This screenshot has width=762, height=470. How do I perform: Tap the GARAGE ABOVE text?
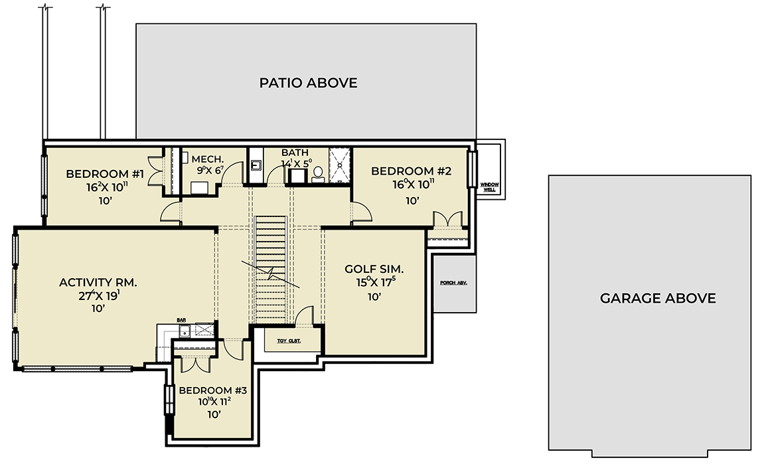[657, 298]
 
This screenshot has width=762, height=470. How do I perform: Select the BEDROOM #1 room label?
[105, 174]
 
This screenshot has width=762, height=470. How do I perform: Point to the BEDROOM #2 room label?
[411, 171]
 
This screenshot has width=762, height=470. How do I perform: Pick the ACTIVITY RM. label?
[98, 282]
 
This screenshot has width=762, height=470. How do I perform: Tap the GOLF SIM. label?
[374, 270]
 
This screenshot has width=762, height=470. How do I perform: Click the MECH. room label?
[208, 159]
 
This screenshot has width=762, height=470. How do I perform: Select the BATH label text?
[294, 153]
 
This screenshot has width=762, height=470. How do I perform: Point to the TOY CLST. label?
[289, 341]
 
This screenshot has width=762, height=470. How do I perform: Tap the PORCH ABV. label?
[454, 283]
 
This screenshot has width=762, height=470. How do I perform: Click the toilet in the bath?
[317, 174]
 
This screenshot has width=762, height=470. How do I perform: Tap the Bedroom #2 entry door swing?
[361, 212]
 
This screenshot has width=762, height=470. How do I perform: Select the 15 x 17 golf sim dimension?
[374, 283]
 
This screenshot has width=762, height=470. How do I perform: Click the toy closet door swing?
[304, 315]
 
